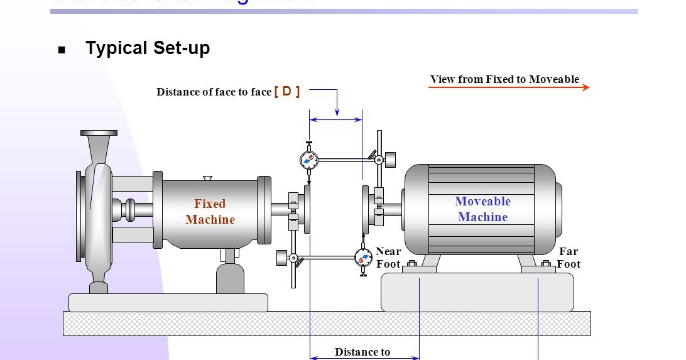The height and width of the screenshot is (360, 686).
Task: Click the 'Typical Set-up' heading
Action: point(148,48)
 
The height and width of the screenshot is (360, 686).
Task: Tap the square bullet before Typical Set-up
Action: point(62,50)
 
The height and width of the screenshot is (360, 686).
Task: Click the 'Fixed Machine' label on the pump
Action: point(210,212)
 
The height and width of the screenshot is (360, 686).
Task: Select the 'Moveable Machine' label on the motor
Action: point(482,209)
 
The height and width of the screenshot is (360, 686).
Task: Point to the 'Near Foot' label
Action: point(388,258)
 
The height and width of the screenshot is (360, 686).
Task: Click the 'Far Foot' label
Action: point(569,258)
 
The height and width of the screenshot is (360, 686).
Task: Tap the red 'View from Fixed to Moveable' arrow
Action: point(509,87)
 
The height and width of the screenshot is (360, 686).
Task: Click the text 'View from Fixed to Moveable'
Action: point(504,79)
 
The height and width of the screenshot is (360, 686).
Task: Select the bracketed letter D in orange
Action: point(287,91)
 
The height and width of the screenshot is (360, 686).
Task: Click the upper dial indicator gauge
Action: point(308,160)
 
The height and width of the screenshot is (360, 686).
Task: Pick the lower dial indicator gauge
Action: point(362,257)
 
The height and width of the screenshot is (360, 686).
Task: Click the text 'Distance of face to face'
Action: point(214,92)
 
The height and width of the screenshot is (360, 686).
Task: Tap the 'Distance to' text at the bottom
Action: point(362,352)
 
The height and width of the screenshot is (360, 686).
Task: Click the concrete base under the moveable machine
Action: point(477,292)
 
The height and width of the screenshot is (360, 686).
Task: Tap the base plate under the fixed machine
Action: point(168,303)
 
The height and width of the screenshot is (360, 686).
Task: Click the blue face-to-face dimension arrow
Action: point(335,119)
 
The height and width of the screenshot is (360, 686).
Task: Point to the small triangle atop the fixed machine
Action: point(207,178)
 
